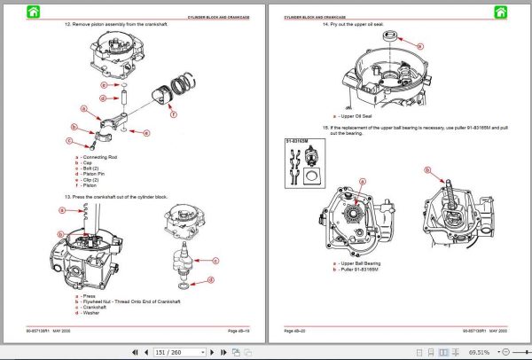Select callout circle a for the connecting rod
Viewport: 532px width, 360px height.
tap(84, 110)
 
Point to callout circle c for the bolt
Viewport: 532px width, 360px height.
tap(68, 139)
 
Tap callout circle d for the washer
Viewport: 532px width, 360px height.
tap(211, 280)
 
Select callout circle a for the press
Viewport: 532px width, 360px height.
tap(63, 210)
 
